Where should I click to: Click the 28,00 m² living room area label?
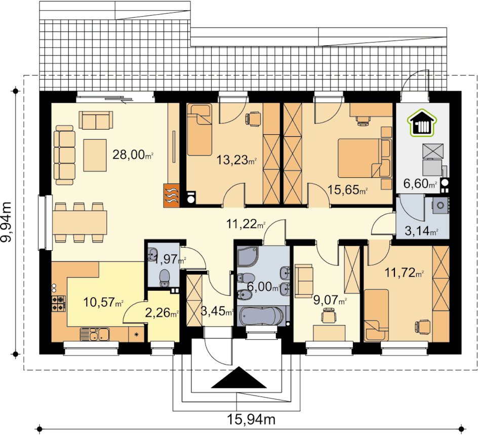pos(133,155)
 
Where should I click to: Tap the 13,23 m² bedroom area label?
pos(236,160)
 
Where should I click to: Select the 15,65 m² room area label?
pos(347,189)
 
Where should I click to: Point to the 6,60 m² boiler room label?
pos(420,183)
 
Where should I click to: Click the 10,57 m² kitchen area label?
pos(103,302)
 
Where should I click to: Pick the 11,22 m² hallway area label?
pos(246,224)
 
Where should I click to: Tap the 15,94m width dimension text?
pos(252,420)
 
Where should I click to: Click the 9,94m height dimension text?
pos(6,222)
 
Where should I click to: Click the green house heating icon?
pos(422,122)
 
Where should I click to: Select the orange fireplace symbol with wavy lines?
pos(171,195)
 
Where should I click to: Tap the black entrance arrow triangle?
pos(239,377)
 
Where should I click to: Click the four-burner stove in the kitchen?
pos(59,303)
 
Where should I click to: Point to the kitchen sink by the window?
pos(95,334)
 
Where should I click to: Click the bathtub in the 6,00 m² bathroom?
pos(262,317)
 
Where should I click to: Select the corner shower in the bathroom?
pos(248,256)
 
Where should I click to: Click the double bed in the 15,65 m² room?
pos(365,158)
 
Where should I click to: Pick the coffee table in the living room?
pos(95,155)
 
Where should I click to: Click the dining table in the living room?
pos(80,222)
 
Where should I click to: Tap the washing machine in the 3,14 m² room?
pos(440,205)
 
